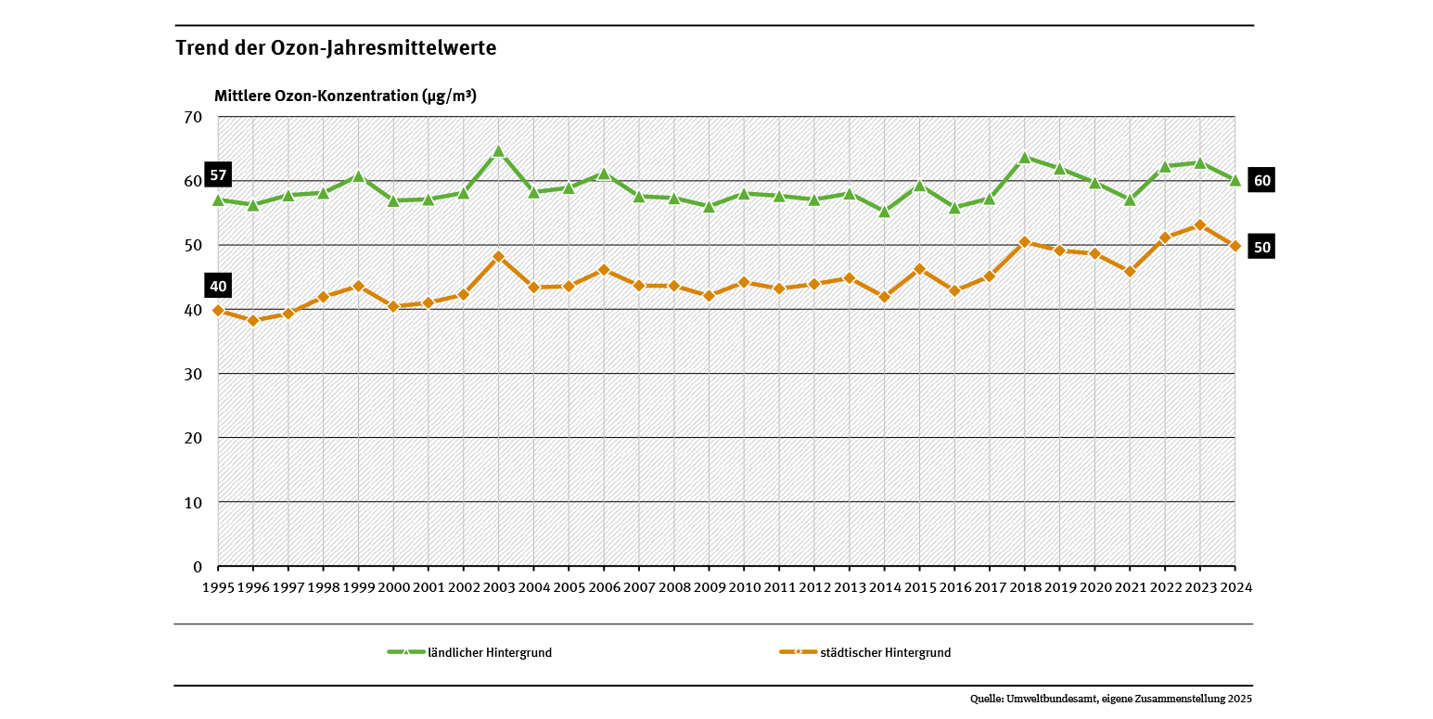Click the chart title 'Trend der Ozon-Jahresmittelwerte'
(336, 48)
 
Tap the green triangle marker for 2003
(498, 151)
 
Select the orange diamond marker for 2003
(498, 257)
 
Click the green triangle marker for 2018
(1025, 157)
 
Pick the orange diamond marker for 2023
(1200, 225)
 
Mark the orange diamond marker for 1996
(253, 321)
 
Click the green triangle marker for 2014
(885, 212)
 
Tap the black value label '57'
(218, 176)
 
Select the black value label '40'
(218, 286)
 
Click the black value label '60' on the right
(1261, 181)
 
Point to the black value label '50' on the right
(1261, 247)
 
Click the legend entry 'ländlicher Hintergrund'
(489, 653)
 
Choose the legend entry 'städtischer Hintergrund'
(885, 653)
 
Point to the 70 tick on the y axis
(193, 117)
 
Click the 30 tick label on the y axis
(193, 374)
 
